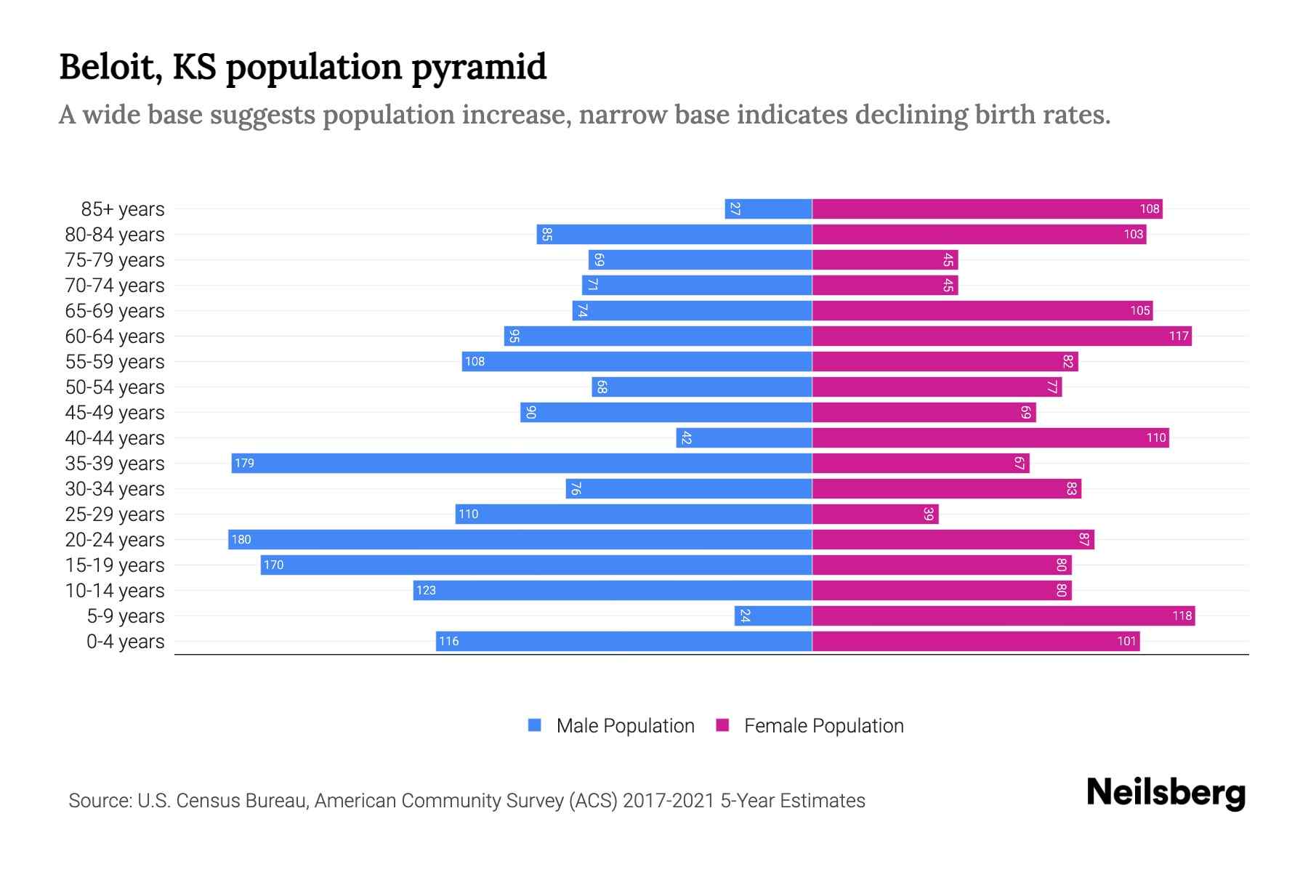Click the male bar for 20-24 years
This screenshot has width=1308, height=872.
[x=520, y=539]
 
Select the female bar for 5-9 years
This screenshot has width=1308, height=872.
[x=1003, y=615]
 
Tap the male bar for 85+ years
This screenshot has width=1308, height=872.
[x=768, y=209]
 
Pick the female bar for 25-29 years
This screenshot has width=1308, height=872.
[x=875, y=514]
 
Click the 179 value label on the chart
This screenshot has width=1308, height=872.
[x=244, y=463]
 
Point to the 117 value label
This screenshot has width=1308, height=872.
[x=1179, y=336]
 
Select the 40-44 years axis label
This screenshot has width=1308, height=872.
[x=115, y=438]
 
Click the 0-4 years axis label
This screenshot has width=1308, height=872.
[x=125, y=642]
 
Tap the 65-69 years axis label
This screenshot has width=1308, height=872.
[x=115, y=311]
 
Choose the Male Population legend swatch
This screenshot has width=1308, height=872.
[x=535, y=725]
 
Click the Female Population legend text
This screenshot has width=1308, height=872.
[x=823, y=725]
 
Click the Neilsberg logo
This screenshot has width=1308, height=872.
[x=1166, y=793]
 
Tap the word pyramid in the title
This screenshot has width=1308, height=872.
[x=479, y=67]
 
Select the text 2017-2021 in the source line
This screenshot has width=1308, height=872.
[x=669, y=801]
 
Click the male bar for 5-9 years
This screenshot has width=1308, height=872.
[x=773, y=615]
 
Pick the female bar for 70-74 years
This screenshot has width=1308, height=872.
[x=884, y=285]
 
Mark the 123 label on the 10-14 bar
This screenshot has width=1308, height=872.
[x=426, y=590]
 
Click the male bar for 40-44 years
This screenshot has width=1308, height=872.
[x=744, y=437]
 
